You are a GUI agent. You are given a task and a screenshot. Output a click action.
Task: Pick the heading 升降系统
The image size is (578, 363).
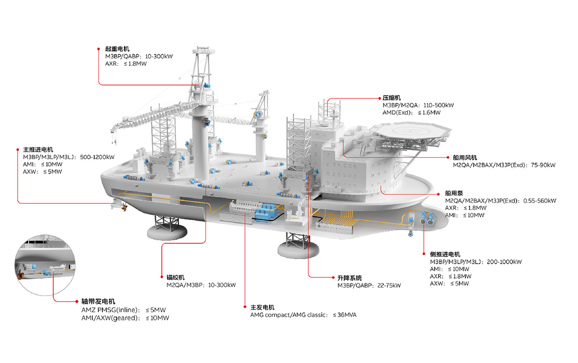349,278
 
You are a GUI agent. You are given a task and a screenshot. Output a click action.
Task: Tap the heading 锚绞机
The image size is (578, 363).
175,277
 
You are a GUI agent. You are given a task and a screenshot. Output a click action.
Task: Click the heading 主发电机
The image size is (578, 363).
262,307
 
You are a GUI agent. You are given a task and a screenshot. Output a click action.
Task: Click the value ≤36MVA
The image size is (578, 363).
345,315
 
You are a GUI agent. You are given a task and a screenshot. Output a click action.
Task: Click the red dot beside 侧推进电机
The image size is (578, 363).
423,254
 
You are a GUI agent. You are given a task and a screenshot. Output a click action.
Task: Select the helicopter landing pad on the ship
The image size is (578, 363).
409,133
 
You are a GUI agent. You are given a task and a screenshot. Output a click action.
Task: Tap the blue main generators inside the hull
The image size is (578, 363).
264,210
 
